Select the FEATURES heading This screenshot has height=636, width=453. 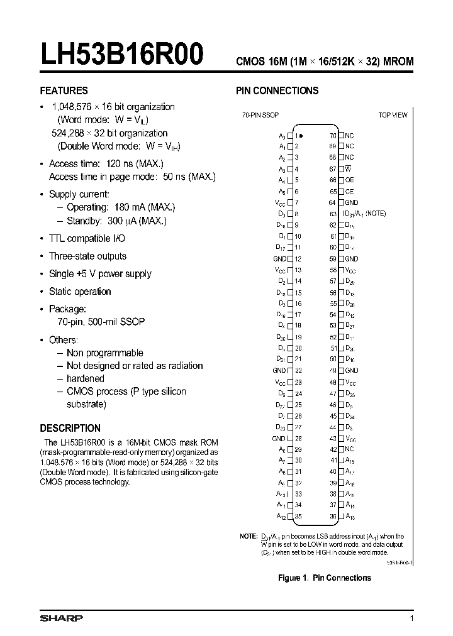pyautogui.click(x=64, y=90)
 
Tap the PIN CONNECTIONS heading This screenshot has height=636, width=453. pyautogui.click(x=277, y=90)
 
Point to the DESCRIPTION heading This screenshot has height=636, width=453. pyautogui.click(x=70, y=428)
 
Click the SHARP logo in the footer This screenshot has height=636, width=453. pyautogui.click(x=61, y=618)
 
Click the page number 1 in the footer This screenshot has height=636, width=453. pyautogui.click(x=412, y=619)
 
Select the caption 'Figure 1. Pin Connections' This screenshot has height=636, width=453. pyautogui.click(x=325, y=578)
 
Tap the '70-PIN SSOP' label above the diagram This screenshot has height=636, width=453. pyautogui.click(x=260, y=115)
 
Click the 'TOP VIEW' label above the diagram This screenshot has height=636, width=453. pyautogui.click(x=393, y=115)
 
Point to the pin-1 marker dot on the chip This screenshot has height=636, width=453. pyautogui.click(x=302, y=135)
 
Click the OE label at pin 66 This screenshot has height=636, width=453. pyautogui.click(x=349, y=180)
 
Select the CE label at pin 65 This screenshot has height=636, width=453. pyautogui.click(x=349, y=191)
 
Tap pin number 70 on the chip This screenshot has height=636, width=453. pyautogui.click(x=333, y=135)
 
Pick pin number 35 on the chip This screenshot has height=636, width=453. pyautogui.click(x=298, y=517)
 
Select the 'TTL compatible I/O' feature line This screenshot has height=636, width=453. pyautogui.click(x=87, y=238)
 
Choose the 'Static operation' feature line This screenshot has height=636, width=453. pyautogui.click(x=80, y=292)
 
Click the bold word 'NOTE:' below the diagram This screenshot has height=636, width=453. pyautogui.click(x=249, y=536)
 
